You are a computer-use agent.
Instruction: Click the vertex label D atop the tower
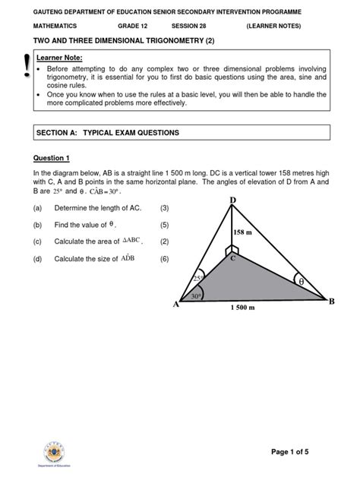[232, 199]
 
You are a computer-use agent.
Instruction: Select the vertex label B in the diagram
[330, 301]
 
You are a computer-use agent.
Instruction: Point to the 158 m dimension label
[243, 232]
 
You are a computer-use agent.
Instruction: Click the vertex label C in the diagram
[234, 260]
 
